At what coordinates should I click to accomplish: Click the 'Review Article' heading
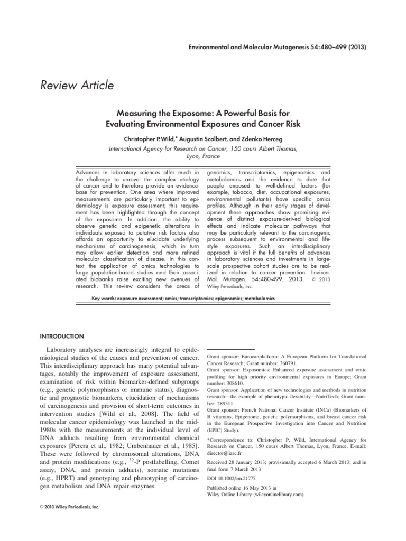tap(77, 84)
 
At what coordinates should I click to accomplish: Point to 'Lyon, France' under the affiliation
tap(203, 157)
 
